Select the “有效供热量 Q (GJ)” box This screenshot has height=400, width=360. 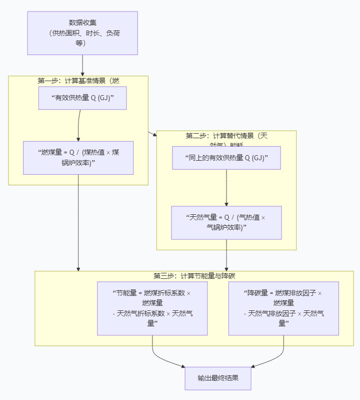point(82,98)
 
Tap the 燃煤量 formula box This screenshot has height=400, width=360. point(78,158)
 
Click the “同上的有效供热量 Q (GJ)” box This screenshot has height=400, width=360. point(226,158)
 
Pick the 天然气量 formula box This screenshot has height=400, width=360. point(226,222)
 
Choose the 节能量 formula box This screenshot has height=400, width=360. point(152,308)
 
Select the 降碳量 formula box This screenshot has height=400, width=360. point(283,308)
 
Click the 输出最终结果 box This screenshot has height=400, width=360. point(217,378)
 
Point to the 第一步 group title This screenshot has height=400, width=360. point(78,81)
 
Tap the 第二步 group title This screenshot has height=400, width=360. point(226,136)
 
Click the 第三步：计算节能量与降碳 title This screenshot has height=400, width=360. point(194,276)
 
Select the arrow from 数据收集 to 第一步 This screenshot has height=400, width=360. point(82,65)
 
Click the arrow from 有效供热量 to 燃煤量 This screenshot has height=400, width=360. point(78,125)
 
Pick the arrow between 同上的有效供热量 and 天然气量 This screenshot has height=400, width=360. point(226,188)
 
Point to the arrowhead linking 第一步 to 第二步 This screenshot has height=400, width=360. point(153,134)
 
